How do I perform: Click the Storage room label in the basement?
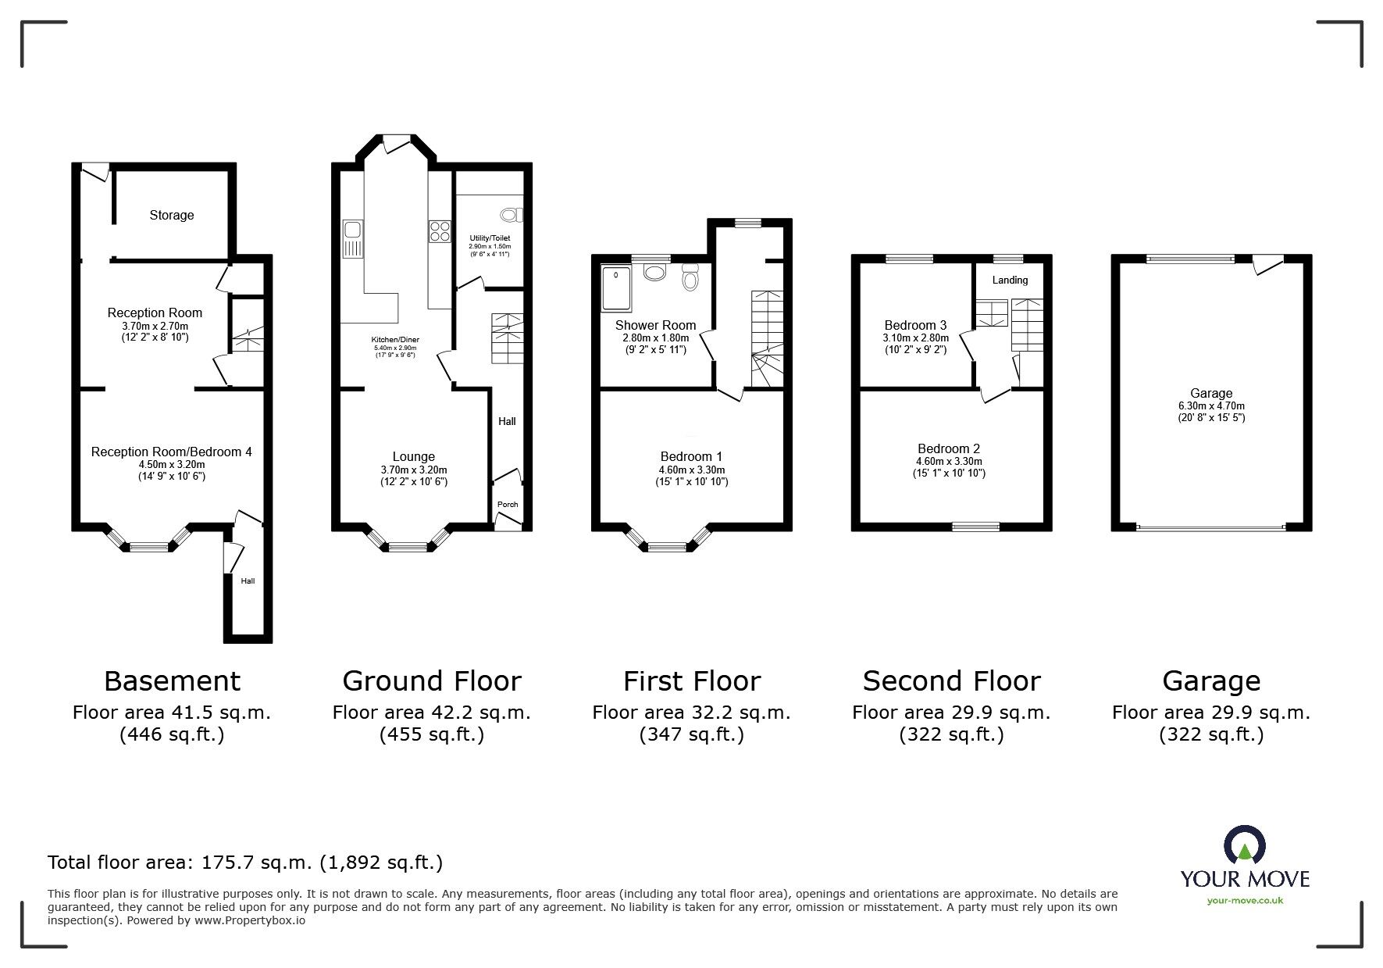172,215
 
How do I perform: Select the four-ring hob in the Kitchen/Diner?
440,231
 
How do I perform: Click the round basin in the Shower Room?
654,273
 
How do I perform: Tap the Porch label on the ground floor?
508,504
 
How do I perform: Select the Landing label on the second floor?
1010,280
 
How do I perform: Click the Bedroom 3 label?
915,325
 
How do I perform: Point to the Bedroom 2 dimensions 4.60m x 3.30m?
949,462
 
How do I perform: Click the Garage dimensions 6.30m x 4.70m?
1211,405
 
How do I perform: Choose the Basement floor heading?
172,681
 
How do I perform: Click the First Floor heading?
691,681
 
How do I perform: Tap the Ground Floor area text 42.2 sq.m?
431,713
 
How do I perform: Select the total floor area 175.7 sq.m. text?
244,863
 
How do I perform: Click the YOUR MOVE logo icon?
1244,846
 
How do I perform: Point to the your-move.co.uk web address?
1245,901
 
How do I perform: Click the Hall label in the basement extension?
248,580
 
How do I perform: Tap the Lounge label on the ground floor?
414,456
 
